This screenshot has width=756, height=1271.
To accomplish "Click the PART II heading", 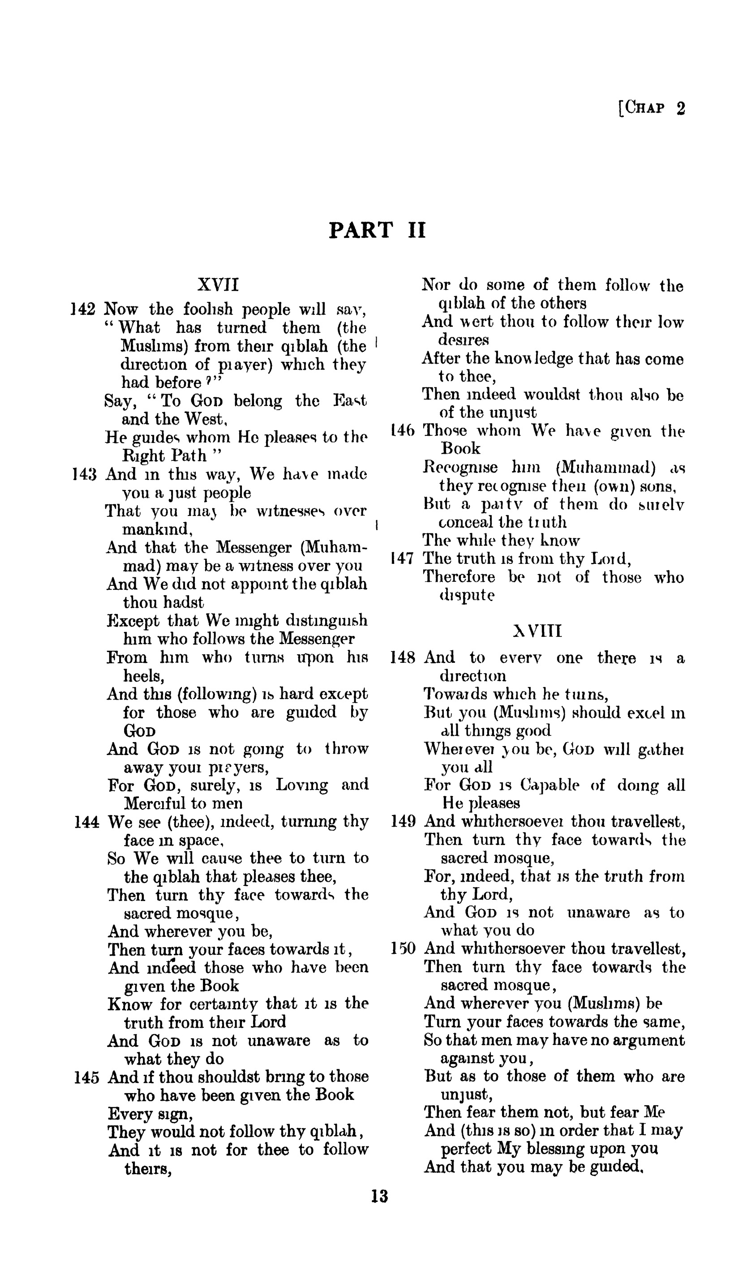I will (377, 230).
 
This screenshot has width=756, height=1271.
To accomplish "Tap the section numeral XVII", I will (218, 284).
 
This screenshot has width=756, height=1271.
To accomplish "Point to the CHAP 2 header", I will (652, 108).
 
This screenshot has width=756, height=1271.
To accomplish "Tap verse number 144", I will (86, 822).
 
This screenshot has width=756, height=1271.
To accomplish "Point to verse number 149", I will (404, 822).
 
